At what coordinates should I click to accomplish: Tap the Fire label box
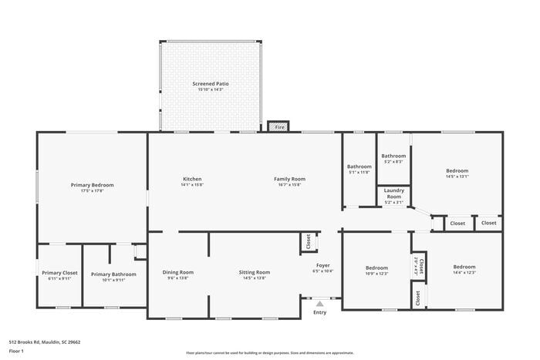tap(278, 126)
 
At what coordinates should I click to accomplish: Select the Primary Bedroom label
tap(92, 185)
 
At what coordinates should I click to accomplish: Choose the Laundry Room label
tap(393, 193)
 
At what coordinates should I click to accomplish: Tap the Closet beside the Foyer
tap(308, 242)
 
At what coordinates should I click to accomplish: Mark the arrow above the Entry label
tap(319, 304)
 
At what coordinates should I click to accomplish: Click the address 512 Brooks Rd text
tap(45, 341)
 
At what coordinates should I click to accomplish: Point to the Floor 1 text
tap(17, 351)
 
